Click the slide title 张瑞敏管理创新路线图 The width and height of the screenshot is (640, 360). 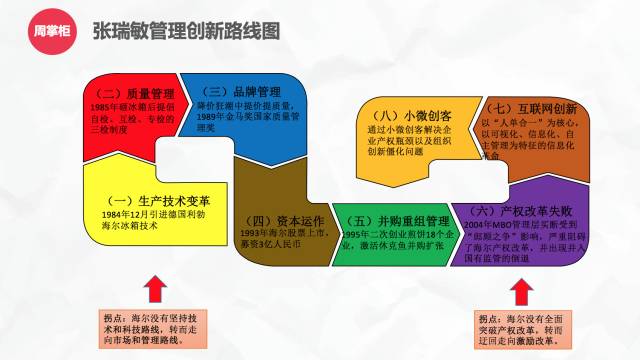[x=185, y=31]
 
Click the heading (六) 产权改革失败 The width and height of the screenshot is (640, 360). [x=513, y=211]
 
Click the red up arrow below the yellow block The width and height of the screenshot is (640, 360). [x=154, y=294]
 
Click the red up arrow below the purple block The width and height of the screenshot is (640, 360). [x=518, y=294]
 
